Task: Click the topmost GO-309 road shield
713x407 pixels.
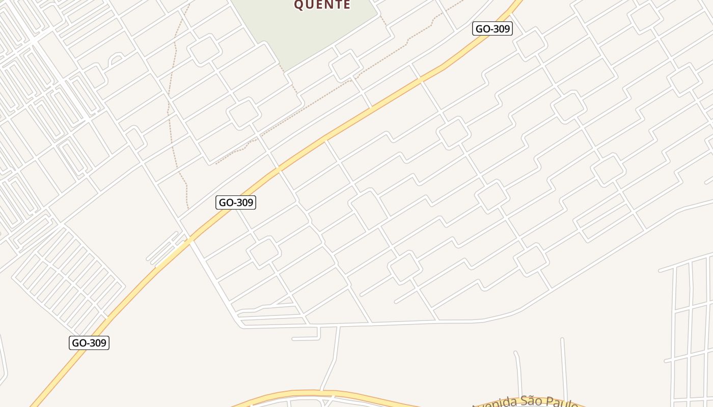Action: [x=492, y=28]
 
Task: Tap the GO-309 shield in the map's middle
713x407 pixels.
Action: [x=236, y=202]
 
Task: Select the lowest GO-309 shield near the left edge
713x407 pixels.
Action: [x=89, y=343]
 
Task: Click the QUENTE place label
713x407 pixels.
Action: [x=322, y=5]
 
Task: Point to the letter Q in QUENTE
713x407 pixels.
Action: [x=299, y=5]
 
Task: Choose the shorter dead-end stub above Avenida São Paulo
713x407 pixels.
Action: [x=518, y=374]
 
